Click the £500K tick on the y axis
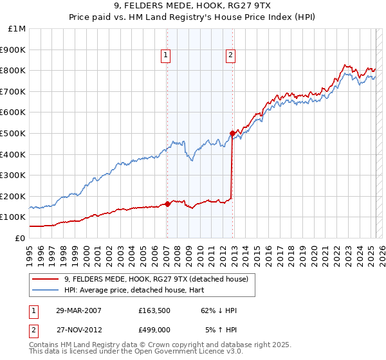click(13, 133)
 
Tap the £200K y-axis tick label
click(13, 196)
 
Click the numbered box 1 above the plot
click(166, 55)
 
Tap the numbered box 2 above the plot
click(230, 55)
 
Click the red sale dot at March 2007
click(167, 204)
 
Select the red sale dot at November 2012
click(232, 133)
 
